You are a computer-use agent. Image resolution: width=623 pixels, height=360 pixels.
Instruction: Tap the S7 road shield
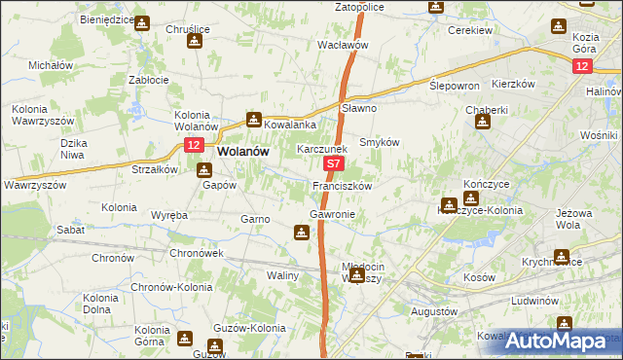coord(333,166)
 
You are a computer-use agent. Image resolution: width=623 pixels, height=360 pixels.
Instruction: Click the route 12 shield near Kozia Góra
coord(581,65)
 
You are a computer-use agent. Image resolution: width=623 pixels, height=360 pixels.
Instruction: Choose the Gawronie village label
coord(332,213)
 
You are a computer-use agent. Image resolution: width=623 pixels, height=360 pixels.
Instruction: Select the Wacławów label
coord(343,45)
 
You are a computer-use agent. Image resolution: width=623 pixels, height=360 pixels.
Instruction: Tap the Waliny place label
coord(283,275)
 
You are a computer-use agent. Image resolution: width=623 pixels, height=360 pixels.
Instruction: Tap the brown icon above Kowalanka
coord(254,121)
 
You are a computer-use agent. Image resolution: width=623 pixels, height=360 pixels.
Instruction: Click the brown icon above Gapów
coord(204,170)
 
